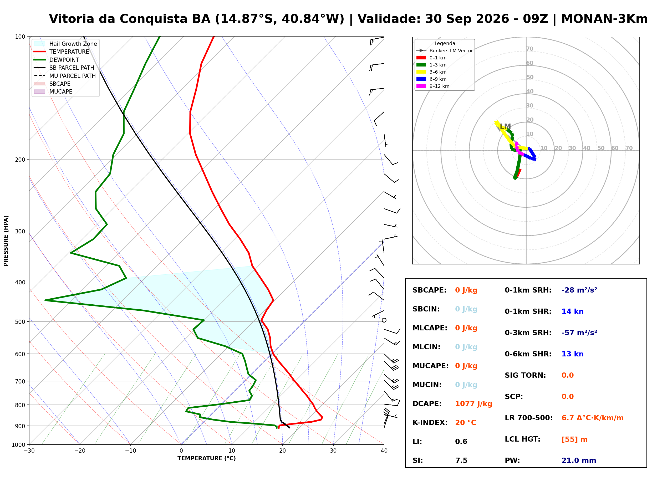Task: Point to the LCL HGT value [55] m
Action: [574, 440]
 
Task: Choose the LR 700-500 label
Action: [528, 418]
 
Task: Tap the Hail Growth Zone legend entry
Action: [65, 44]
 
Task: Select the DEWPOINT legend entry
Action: [57, 60]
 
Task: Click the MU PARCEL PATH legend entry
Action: [65, 76]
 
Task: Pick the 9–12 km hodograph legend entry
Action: [433, 86]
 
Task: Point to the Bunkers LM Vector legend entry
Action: [444, 51]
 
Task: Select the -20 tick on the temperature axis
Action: [80, 451]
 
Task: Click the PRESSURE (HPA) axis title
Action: [6, 241]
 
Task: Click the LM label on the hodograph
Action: [506, 126]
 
